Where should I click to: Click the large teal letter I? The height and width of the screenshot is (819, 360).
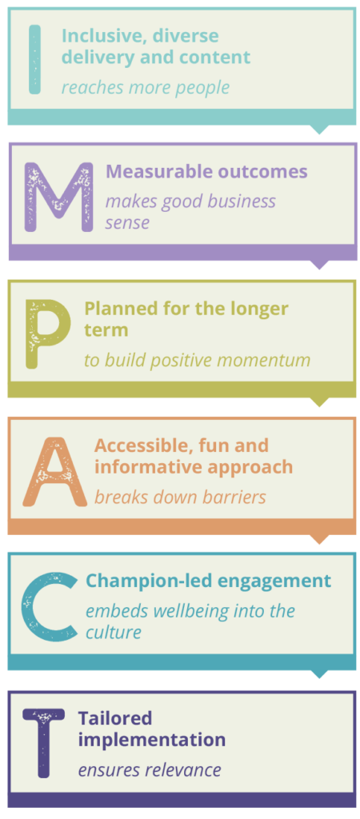coord(34,59)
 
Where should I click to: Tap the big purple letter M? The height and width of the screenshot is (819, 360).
coord(58,198)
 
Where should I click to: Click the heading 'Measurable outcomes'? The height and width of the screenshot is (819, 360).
coord(206,171)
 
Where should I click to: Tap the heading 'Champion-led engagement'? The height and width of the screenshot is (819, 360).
coord(208,581)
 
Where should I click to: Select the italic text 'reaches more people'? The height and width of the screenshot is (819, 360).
coord(145,87)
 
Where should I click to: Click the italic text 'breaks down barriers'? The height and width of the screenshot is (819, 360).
coord(180,497)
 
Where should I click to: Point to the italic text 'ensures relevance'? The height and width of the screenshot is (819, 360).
coord(150,770)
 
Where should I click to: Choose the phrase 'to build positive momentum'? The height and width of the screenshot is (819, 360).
coord(197,360)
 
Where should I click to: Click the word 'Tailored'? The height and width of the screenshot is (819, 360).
coord(114,717)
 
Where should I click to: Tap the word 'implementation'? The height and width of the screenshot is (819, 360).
coord(151,739)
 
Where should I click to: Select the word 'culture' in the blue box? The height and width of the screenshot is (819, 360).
coord(114,632)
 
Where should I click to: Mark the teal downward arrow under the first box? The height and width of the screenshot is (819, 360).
coord(320,129)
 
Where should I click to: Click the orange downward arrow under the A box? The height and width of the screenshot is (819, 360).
coord(320,539)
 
